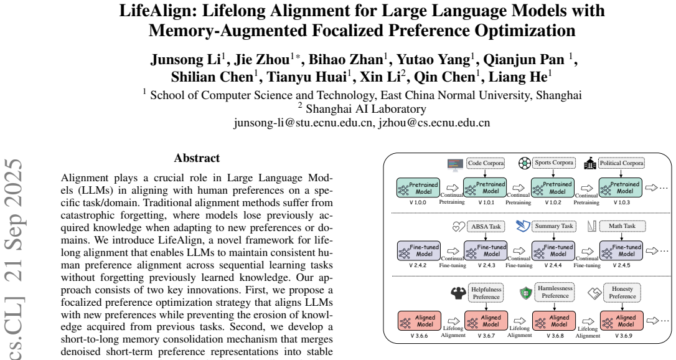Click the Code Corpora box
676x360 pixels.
(x=486, y=163)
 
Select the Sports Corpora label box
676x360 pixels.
(x=554, y=163)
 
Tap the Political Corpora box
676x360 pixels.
(x=621, y=163)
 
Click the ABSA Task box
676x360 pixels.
(x=486, y=226)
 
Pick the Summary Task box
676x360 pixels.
(x=554, y=226)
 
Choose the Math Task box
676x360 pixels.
(x=622, y=226)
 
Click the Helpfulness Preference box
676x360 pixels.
(x=486, y=293)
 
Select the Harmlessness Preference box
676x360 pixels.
(x=555, y=292)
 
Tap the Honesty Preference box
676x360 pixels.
(x=622, y=293)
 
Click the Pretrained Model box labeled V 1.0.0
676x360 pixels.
(x=418, y=188)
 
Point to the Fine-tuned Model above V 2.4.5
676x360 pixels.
(x=621, y=250)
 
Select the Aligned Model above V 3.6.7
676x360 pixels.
(x=486, y=321)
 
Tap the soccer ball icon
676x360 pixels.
(x=524, y=163)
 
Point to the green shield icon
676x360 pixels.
(x=525, y=293)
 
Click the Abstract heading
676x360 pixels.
(x=197, y=158)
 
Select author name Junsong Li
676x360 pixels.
(x=186, y=60)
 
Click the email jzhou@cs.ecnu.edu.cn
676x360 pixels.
(x=434, y=123)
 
